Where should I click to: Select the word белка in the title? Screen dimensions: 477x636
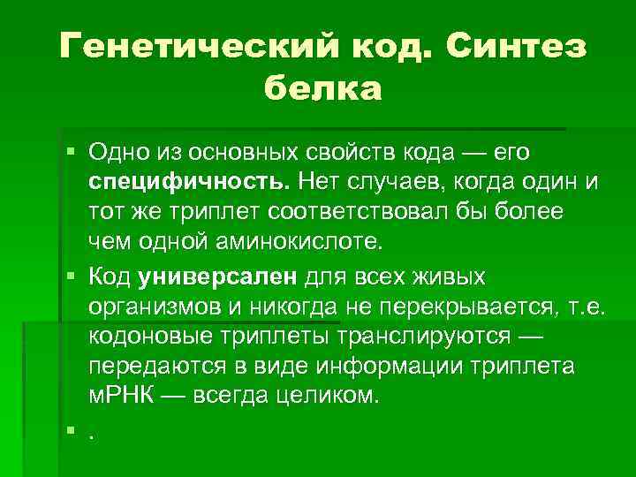[322, 88]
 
